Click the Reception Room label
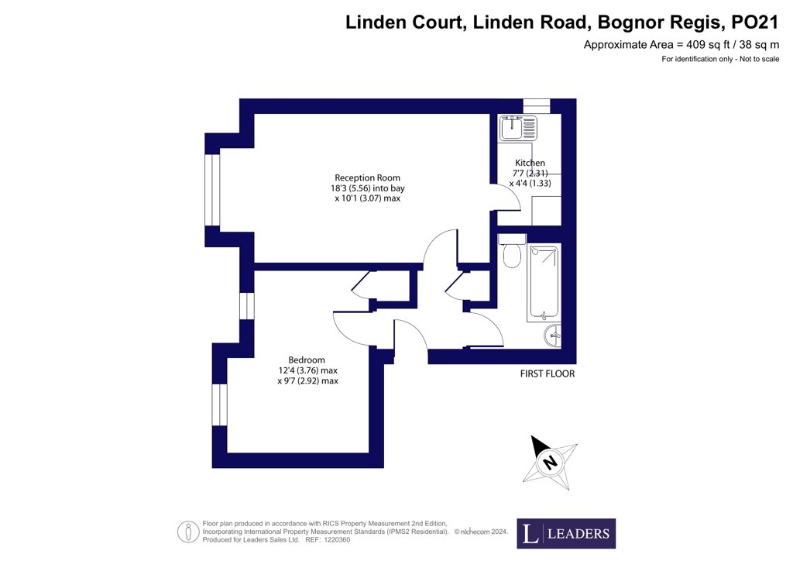tap(367, 177)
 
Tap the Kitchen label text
tap(530, 163)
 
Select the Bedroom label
tap(307, 360)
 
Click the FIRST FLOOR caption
tap(548, 373)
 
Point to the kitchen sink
tap(518, 128)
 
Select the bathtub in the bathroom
tap(543, 283)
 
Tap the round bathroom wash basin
tap(553, 336)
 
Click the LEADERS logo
tap(566, 533)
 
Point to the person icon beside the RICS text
tap(188, 532)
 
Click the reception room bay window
tap(212, 190)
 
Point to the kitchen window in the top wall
tap(536, 105)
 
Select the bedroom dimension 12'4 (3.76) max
tap(307, 370)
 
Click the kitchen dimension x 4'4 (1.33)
tap(530, 183)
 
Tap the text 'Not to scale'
tap(759, 59)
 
